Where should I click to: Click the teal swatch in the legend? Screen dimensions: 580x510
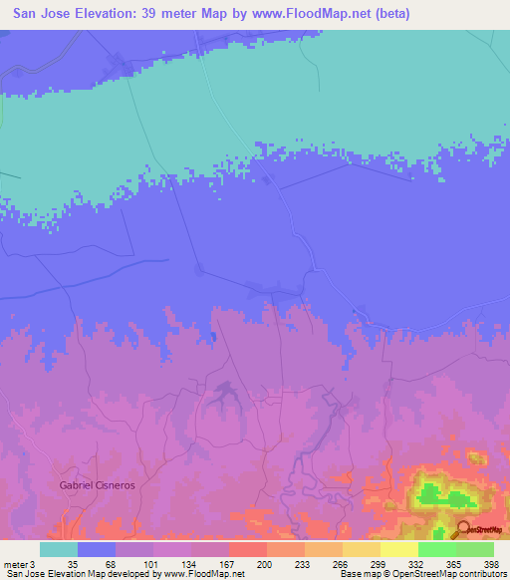click(59, 549)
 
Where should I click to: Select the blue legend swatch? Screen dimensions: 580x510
click(97, 549)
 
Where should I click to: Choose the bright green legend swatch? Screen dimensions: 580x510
click(437, 549)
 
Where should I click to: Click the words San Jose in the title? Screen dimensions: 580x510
click(36, 15)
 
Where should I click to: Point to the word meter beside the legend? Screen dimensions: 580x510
click(14, 564)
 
